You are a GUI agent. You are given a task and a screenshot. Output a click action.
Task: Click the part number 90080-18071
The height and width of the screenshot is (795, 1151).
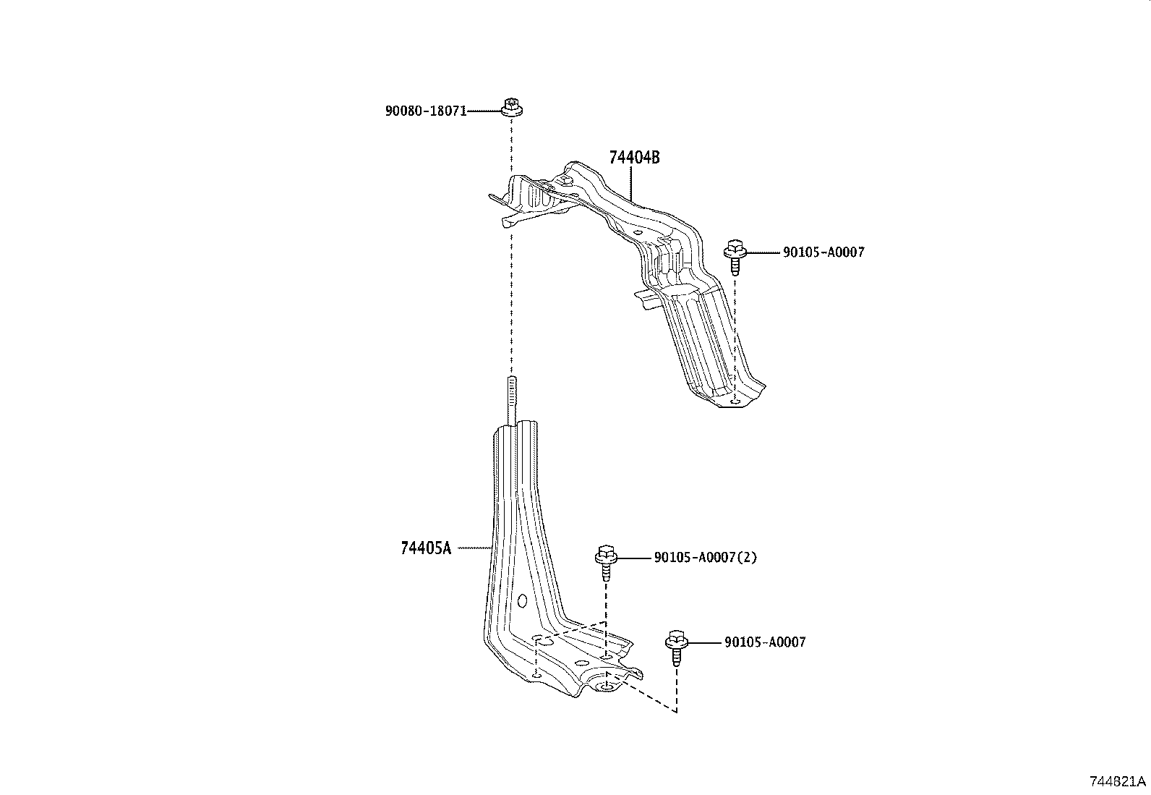click(425, 111)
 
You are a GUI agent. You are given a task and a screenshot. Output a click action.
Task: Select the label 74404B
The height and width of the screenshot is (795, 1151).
click(634, 158)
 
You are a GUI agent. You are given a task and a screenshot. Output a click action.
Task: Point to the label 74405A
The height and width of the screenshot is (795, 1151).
click(425, 548)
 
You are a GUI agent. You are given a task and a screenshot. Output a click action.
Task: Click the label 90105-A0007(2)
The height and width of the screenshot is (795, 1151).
click(705, 558)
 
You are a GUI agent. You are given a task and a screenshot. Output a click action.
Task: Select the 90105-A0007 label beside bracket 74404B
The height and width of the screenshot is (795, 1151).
click(823, 252)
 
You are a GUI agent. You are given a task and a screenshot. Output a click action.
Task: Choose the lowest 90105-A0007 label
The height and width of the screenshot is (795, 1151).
click(764, 642)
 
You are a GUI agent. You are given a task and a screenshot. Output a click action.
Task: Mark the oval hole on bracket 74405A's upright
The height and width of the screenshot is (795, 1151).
click(522, 600)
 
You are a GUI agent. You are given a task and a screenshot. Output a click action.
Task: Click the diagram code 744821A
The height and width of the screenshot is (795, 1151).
click(1118, 781)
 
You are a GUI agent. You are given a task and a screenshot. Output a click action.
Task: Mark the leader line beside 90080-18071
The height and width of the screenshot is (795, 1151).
click(483, 111)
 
